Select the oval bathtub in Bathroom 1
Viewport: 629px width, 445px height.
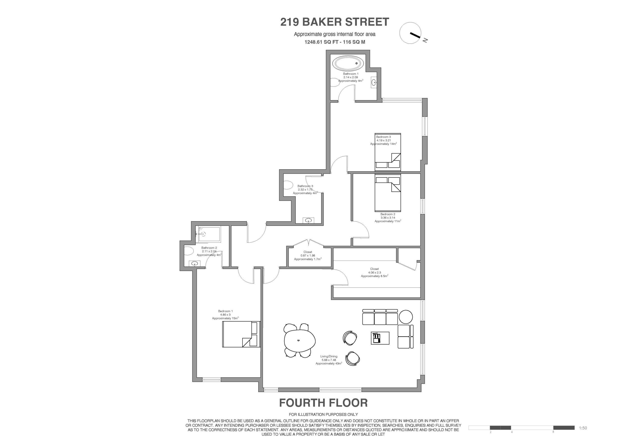[348, 64]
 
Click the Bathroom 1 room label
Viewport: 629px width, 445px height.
[351, 77]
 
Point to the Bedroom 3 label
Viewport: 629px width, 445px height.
[384, 140]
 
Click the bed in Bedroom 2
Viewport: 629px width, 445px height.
[388, 193]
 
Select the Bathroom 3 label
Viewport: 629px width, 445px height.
[305, 190]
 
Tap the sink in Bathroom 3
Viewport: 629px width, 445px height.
[308, 220]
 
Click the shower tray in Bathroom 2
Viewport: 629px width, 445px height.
[209, 234]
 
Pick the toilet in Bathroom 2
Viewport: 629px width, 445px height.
[188, 251]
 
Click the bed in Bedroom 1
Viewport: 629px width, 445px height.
[241, 334]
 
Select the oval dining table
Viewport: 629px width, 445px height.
[300, 341]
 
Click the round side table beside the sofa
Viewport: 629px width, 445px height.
[405, 317]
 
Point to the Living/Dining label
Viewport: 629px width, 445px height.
[329, 360]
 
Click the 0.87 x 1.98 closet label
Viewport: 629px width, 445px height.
[308, 255]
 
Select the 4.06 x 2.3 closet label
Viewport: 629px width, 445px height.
[374, 272]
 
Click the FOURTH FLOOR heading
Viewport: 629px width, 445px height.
[323, 403]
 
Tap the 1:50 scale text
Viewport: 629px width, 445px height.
[583, 428]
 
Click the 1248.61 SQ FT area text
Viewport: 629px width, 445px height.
[335, 42]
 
